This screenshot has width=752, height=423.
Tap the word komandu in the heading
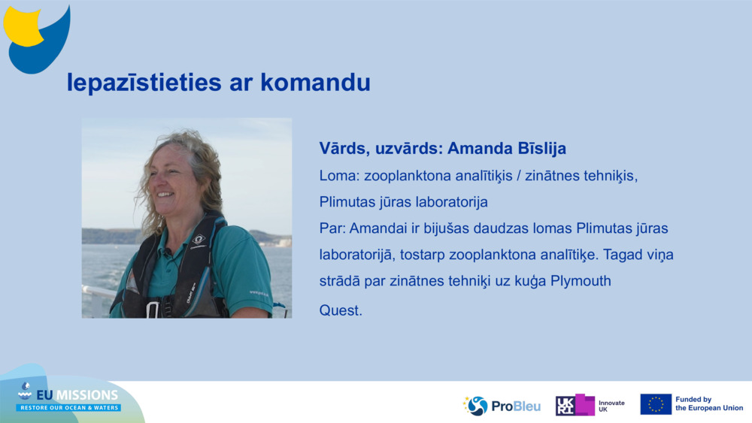(x=315, y=83)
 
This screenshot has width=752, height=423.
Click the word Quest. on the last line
(x=341, y=310)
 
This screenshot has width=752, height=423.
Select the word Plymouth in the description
(x=581, y=281)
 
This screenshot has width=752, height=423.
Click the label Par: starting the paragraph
(x=332, y=228)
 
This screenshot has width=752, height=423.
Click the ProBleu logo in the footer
(x=502, y=406)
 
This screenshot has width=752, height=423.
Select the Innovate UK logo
(x=590, y=406)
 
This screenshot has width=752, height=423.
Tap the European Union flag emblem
(x=656, y=404)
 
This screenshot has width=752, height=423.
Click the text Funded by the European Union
(x=708, y=404)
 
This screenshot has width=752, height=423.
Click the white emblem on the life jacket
(x=199, y=240)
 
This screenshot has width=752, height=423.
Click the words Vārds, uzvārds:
(x=381, y=148)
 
